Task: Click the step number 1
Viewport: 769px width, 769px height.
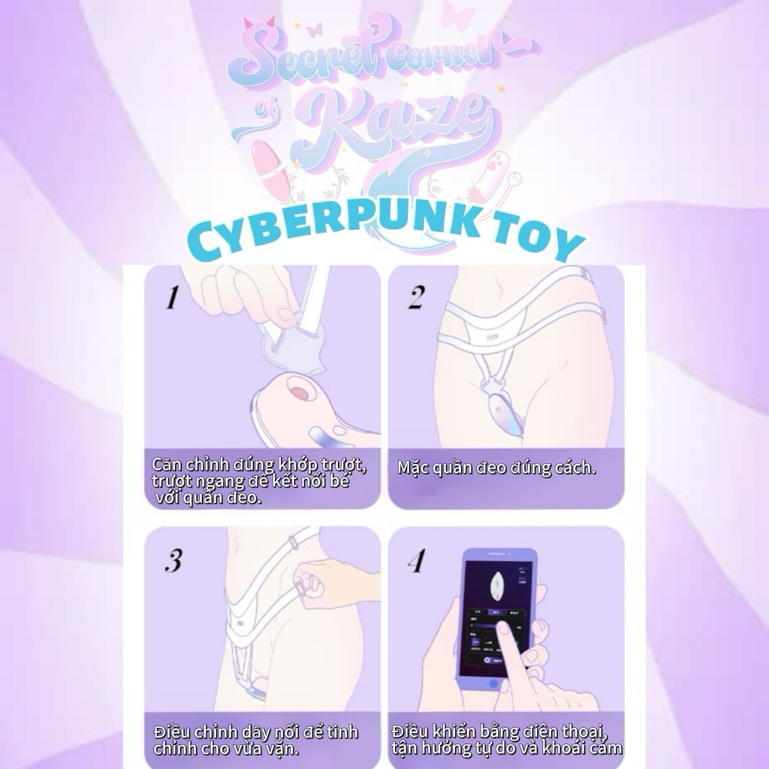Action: tap(172, 297)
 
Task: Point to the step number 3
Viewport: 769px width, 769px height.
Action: tap(173, 560)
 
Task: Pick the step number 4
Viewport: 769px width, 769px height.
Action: tap(417, 560)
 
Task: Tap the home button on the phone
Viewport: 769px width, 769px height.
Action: tap(493, 683)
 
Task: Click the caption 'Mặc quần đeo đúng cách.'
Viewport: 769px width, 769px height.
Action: tap(496, 468)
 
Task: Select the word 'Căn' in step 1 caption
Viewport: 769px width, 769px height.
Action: tap(167, 463)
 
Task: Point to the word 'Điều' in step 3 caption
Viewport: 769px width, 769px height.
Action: tap(170, 731)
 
